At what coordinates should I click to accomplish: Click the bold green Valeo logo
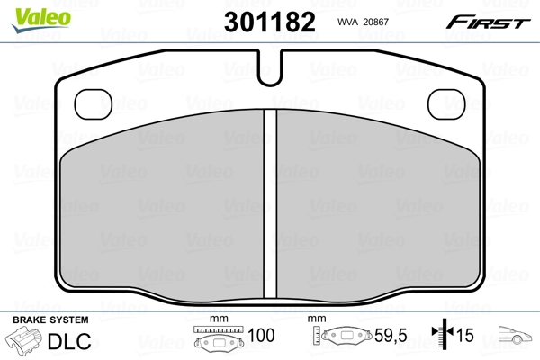coord(30,13)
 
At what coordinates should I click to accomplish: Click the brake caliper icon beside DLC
coord(25,341)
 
